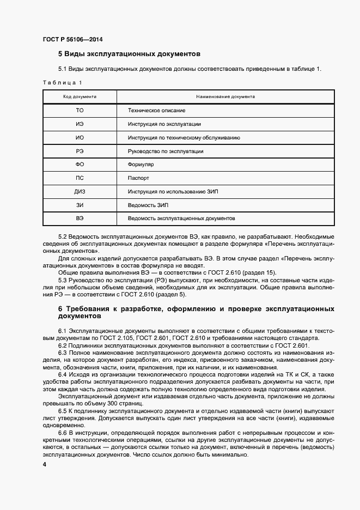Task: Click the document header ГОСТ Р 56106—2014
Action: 72,39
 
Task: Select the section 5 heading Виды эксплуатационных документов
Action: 130,54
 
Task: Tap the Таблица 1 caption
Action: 62,82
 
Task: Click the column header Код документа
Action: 80,96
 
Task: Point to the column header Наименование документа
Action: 225,96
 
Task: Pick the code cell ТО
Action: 80,111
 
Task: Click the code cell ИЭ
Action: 80,124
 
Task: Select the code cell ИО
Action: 80,138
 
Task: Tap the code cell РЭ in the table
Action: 80,151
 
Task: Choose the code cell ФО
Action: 80,165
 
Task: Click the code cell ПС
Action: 80,178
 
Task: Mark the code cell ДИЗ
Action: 80,191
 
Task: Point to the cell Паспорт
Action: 138,178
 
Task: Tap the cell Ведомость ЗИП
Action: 148,205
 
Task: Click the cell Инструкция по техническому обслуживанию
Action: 184,138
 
